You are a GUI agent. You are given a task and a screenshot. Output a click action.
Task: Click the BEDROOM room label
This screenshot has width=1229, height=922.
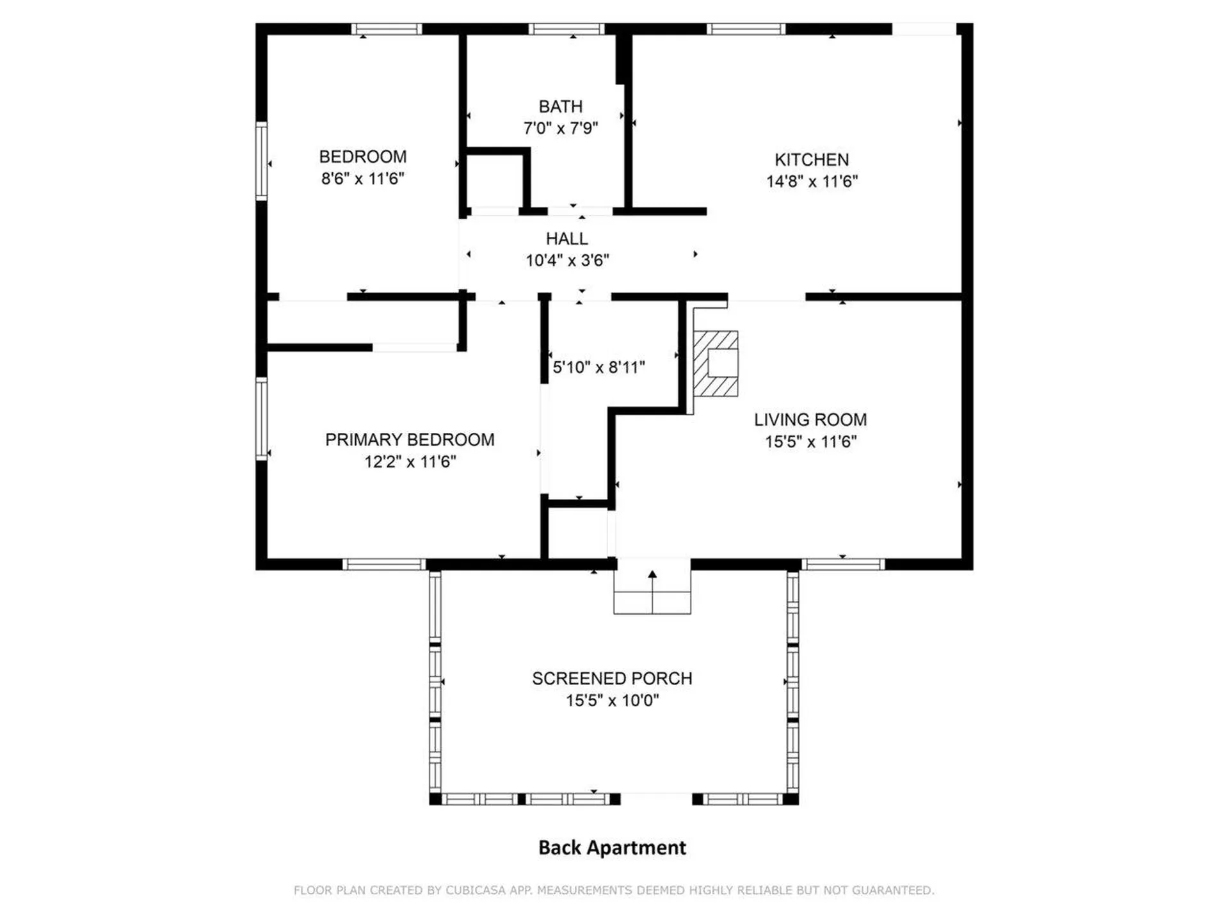(x=362, y=157)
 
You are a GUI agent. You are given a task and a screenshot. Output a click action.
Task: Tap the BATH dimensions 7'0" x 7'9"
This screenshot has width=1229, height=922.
(x=560, y=129)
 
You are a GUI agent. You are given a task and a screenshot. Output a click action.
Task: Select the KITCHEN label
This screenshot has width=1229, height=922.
(x=811, y=159)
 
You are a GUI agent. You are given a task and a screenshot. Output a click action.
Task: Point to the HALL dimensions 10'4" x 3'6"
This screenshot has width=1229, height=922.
(x=567, y=261)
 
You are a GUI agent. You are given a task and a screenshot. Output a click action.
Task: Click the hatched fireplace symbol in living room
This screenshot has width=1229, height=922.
(x=716, y=363)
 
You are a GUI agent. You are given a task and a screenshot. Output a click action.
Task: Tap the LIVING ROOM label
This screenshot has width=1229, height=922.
(x=810, y=420)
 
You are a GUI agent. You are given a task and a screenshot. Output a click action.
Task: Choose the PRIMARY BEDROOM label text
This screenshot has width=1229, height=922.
(x=410, y=440)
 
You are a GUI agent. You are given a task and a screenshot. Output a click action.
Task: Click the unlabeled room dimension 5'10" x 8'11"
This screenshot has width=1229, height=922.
(x=598, y=368)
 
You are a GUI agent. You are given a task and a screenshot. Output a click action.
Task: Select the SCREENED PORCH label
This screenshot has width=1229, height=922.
(x=612, y=679)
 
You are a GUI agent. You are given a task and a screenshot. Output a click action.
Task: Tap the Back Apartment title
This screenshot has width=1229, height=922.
(x=612, y=848)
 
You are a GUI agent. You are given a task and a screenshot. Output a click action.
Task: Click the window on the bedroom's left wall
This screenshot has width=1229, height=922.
(x=261, y=161)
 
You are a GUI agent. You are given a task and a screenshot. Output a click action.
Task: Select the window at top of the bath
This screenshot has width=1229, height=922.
(x=566, y=29)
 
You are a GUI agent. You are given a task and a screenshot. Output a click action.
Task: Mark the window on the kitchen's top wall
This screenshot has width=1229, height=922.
(x=746, y=29)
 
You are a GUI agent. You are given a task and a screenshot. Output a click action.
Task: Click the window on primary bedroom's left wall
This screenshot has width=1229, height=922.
(x=261, y=419)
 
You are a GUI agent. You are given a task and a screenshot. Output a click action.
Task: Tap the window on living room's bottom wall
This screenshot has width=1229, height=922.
(x=842, y=564)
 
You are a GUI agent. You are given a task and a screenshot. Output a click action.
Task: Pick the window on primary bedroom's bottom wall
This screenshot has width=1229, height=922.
(x=383, y=564)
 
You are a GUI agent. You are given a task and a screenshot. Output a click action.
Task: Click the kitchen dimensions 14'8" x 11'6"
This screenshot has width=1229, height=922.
(x=811, y=182)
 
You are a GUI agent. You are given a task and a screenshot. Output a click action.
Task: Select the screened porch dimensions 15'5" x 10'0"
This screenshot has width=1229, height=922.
(x=612, y=700)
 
